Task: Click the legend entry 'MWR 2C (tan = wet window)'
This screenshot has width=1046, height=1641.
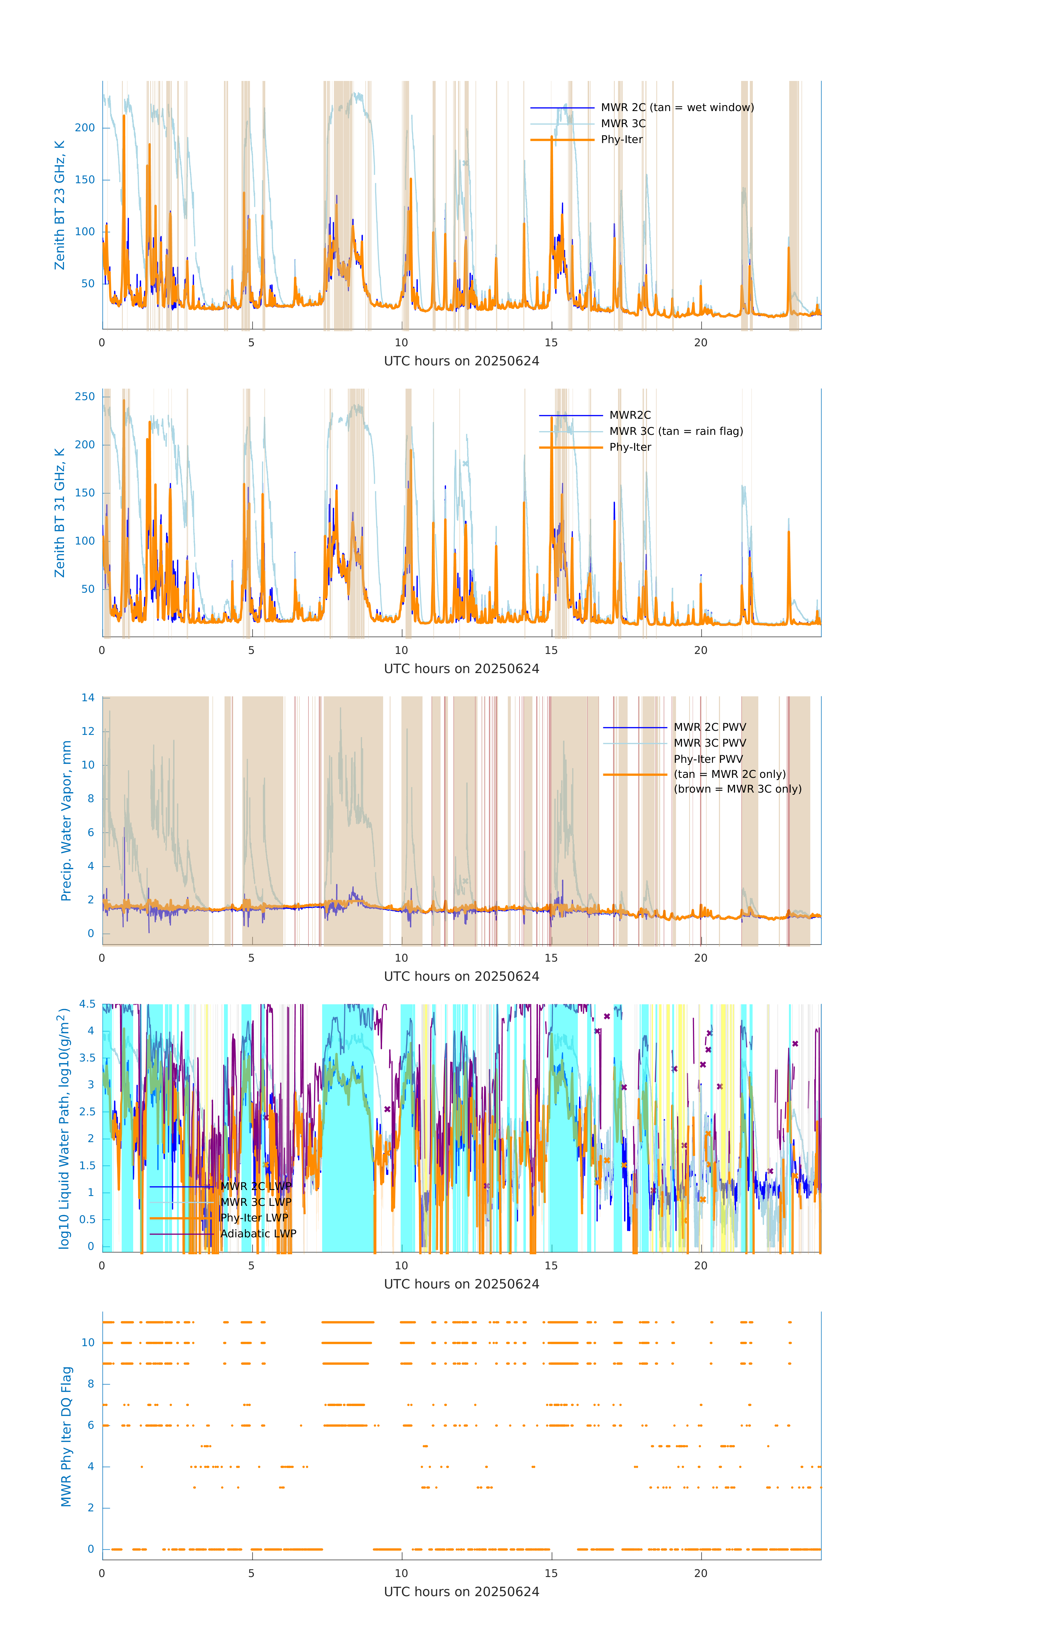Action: coord(677,108)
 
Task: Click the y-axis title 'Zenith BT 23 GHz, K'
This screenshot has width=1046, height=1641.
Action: coord(60,205)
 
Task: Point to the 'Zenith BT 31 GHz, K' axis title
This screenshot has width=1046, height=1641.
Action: coord(60,513)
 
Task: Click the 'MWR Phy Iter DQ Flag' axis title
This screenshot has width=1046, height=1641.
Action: coord(66,1436)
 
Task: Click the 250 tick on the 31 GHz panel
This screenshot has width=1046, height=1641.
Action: coord(85,397)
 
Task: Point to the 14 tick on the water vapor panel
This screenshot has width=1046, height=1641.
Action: coord(88,698)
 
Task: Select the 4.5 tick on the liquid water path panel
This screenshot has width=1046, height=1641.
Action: coord(87,1005)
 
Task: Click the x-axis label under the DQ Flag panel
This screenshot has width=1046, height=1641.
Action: coord(461,1592)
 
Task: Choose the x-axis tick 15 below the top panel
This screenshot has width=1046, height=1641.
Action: coord(550,343)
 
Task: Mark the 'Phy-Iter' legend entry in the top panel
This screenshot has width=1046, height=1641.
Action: coord(622,140)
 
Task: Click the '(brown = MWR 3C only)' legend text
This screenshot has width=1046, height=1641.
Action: coord(737,789)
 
